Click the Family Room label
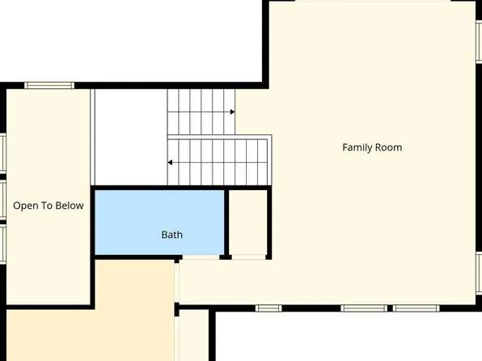[372, 147]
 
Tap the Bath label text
[171, 235]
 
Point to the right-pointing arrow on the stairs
[232, 112]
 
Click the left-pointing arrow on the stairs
[171, 162]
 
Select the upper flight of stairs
[201, 112]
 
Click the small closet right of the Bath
[247, 222]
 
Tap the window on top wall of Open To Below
[49, 85]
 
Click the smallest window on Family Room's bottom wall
[268, 308]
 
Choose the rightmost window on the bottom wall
[416, 308]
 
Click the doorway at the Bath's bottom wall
[199, 257]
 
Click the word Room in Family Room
[387, 147]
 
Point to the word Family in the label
[357, 147]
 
